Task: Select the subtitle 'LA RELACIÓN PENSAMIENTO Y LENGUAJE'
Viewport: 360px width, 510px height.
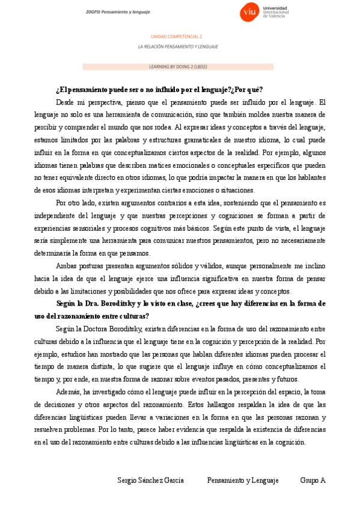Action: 177,46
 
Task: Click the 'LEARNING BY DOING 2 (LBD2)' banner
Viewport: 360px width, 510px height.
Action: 177,67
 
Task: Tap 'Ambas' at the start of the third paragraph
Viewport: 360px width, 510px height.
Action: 66,265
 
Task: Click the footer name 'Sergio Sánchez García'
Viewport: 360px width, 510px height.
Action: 150,481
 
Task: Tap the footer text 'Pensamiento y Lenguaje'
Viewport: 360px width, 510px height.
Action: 243,481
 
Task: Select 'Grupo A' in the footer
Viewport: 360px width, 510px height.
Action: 313,481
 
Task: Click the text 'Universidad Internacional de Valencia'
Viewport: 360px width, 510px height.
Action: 276,11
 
